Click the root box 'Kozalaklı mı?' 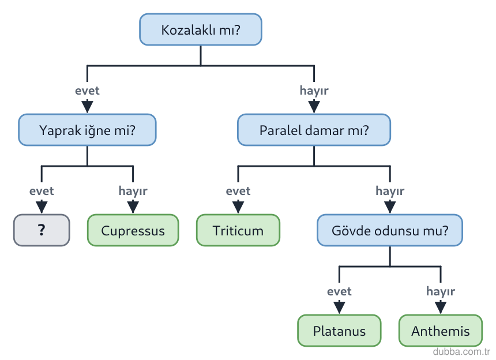201,29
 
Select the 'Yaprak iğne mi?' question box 87,130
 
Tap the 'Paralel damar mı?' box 314,130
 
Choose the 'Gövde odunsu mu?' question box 390,230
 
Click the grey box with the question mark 42,230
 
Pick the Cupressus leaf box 133,230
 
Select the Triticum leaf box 238,230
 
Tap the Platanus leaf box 340,331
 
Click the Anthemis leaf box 441,331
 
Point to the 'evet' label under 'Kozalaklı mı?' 87,91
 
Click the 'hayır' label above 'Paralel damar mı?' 314,91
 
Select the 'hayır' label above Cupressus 133,191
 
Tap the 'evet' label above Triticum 238,191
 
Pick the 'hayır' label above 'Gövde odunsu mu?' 390,191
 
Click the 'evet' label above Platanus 340,291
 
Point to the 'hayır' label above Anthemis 441,291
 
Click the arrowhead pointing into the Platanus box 340,307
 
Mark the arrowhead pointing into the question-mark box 42,207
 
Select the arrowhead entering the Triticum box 238,207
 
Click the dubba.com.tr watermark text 461,351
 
